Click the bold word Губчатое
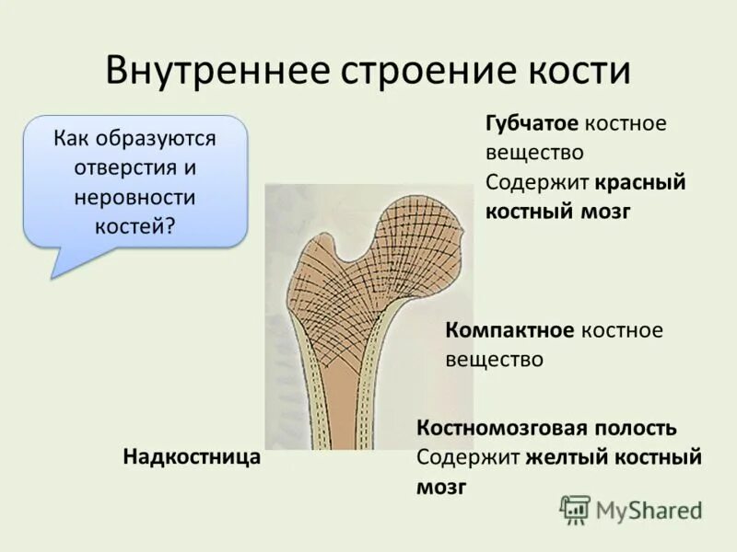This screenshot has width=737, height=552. [x=532, y=123]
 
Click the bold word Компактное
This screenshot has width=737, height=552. [x=509, y=329]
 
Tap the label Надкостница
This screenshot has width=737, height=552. [x=192, y=456]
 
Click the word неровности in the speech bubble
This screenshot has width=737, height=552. [x=135, y=197]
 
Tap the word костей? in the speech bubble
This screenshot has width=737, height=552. [x=135, y=226]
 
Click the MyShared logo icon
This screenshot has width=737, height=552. [x=575, y=509]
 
